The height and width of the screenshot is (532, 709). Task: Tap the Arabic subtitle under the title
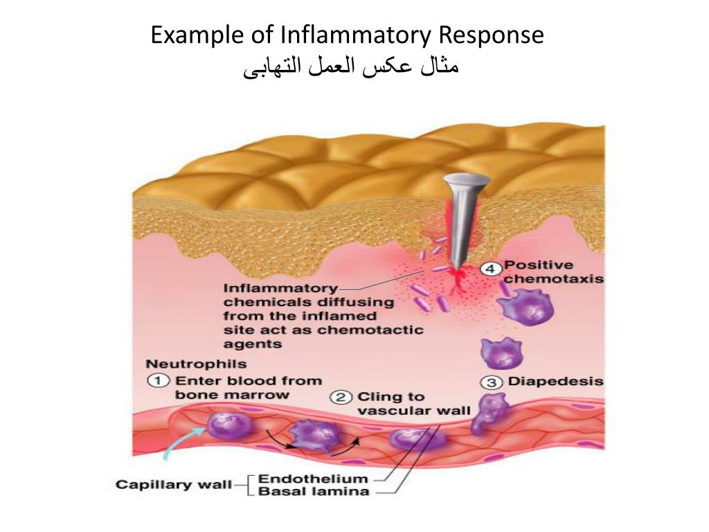(x=351, y=68)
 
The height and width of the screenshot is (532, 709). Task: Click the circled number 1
(x=159, y=380)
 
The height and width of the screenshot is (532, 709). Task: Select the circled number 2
(x=341, y=398)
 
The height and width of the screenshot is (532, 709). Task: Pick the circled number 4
(x=490, y=268)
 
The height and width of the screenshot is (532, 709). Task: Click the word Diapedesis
(x=555, y=382)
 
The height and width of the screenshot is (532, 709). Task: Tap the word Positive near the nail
(x=539, y=265)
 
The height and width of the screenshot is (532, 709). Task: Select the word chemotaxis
(x=553, y=279)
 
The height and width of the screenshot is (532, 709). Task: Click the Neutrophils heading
(x=196, y=364)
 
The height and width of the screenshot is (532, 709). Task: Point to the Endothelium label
(x=313, y=479)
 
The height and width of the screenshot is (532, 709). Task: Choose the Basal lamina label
(x=313, y=492)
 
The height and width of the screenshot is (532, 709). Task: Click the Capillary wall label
(x=173, y=484)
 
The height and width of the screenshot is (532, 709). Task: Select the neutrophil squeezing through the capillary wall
(x=487, y=414)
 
